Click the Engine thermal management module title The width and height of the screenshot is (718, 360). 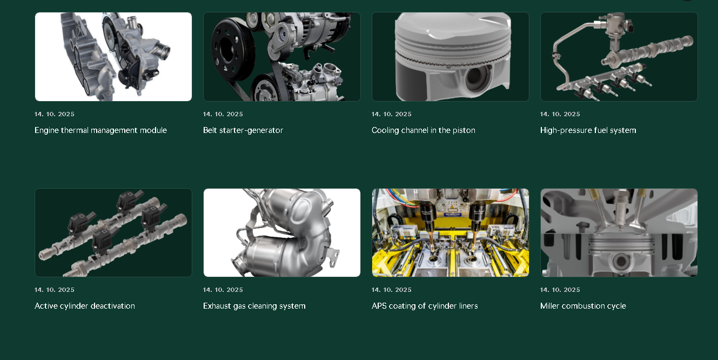coord(100,130)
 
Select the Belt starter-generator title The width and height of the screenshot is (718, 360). coord(243,130)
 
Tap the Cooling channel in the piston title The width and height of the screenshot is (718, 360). coord(423,130)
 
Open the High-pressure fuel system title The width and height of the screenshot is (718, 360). coord(588,130)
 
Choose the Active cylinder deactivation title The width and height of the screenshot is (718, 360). coord(85,306)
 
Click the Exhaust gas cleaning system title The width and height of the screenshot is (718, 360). coord(254,306)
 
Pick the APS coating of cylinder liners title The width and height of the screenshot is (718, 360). coord(425,306)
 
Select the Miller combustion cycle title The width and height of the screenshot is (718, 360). coord(583,306)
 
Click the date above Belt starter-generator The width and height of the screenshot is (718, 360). coord(223,114)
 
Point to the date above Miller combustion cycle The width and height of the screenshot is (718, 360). coord(560,290)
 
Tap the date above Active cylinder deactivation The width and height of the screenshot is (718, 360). coord(55,290)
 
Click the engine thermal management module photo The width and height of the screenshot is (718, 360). coord(113,57)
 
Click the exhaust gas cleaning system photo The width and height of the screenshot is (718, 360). coord(282,232)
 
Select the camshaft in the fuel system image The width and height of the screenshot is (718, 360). coord(647,51)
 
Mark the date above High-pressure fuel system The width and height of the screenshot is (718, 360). coord(560,114)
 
